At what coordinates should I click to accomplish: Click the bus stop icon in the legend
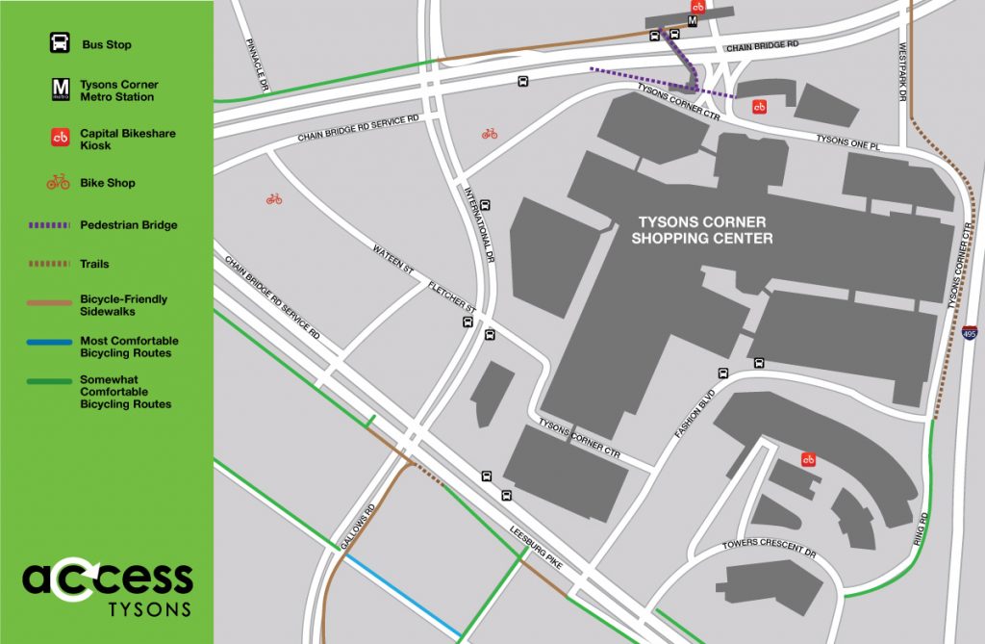pos(59,44)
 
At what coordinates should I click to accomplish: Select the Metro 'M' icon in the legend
pos(59,90)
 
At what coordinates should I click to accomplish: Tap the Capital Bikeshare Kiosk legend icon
pos(59,139)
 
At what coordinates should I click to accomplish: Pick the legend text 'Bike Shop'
pos(108,183)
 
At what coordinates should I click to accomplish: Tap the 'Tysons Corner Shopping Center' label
pos(702,230)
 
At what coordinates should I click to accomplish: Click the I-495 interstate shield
pos(971,333)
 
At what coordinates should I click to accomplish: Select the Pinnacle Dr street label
pos(256,65)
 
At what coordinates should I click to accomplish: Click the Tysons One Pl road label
pos(847,142)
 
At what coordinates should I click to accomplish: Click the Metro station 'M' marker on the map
pos(692,21)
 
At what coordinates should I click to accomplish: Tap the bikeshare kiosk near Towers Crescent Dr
pos(809,460)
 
